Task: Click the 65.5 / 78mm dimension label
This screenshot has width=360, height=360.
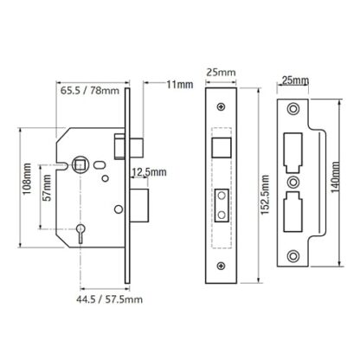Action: coord(90,91)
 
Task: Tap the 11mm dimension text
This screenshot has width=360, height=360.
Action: coord(180,85)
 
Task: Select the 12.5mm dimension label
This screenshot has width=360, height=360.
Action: coord(149,172)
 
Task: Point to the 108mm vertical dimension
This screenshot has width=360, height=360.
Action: coord(27,178)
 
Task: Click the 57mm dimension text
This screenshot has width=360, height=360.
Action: coord(48,188)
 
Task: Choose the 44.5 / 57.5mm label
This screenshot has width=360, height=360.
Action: coord(109,299)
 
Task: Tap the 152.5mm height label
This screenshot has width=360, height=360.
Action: coord(265,195)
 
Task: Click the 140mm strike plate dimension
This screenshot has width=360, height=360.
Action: coord(335,177)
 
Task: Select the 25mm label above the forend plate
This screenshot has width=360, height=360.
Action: coord(221,73)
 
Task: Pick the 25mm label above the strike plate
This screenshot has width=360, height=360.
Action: coord(295,80)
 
